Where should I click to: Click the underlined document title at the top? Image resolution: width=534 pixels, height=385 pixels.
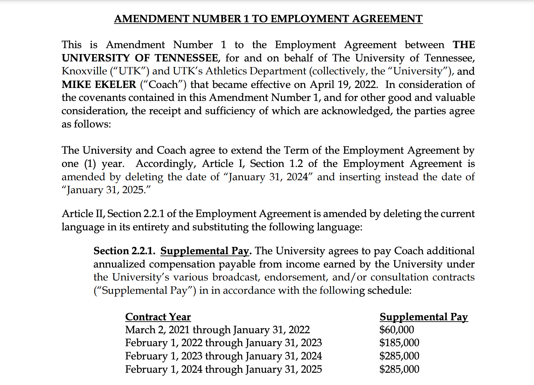point(268,19)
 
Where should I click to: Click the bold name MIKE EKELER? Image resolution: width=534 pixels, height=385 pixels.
point(99,85)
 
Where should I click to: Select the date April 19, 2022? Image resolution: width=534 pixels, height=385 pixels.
point(343,85)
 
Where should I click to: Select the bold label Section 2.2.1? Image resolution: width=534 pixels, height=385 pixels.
point(124,251)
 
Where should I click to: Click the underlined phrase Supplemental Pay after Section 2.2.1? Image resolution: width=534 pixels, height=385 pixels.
point(205,251)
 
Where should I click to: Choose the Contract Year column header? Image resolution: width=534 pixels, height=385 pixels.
point(158,317)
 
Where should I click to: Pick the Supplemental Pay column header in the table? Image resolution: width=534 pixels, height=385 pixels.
point(424,317)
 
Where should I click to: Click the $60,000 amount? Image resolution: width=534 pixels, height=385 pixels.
point(397,330)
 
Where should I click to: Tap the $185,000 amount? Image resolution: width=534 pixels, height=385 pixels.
point(399,343)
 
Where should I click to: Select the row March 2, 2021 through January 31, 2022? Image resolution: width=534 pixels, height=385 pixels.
point(217,330)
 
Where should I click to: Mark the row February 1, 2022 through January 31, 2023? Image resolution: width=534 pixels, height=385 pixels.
point(223,343)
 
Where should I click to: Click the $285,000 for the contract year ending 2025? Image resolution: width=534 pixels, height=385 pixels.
point(399,369)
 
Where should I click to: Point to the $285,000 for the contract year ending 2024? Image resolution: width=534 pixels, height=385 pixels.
point(399,356)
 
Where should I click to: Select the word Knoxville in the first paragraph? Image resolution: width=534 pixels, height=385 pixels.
point(84,71)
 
